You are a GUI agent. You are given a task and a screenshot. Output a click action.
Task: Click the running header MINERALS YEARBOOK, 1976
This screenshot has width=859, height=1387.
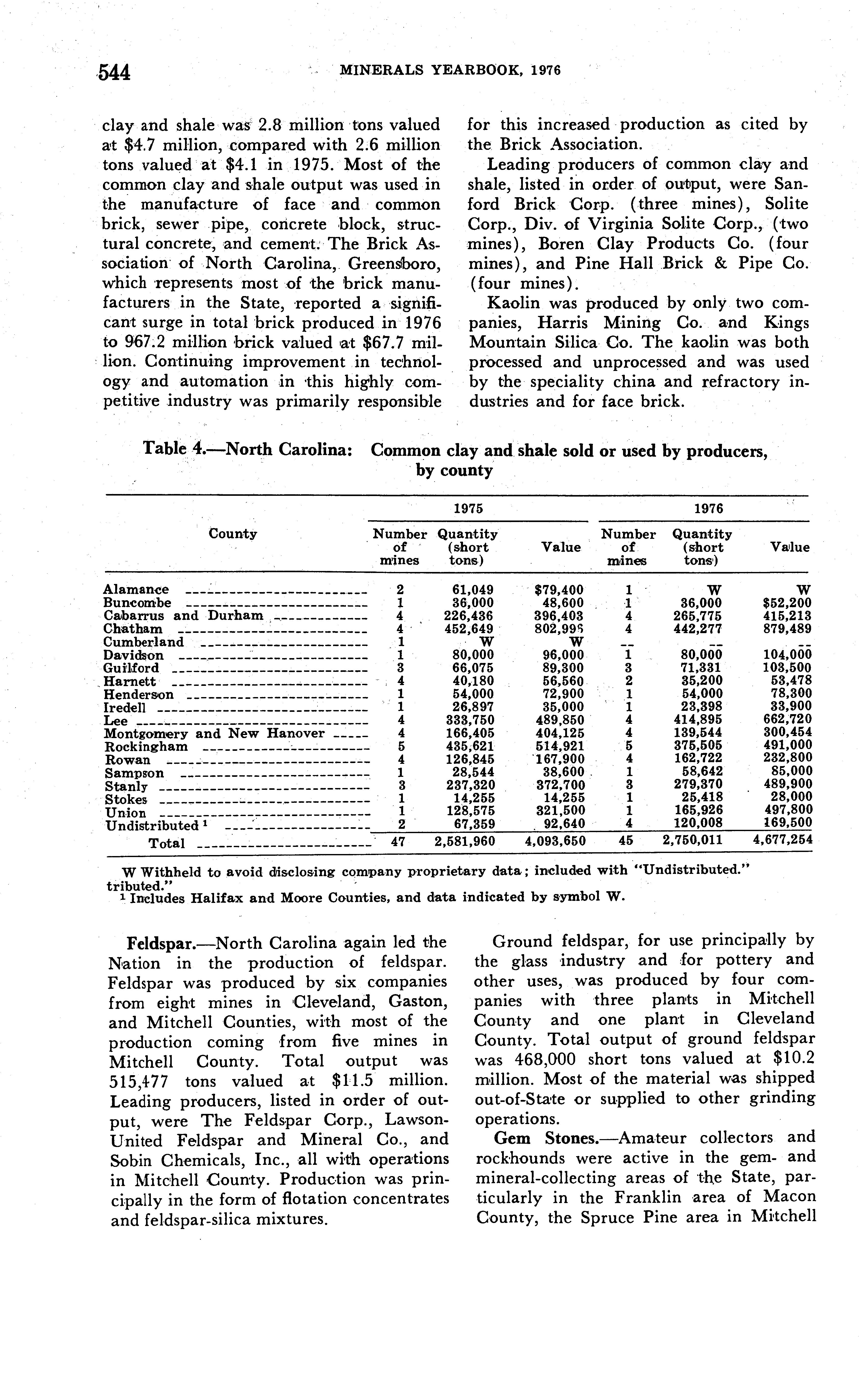coord(450,70)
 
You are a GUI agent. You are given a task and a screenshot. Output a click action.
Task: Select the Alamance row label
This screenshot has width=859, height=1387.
coord(136,590)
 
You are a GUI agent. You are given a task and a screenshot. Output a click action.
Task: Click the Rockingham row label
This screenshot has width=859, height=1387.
coord(146,746)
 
